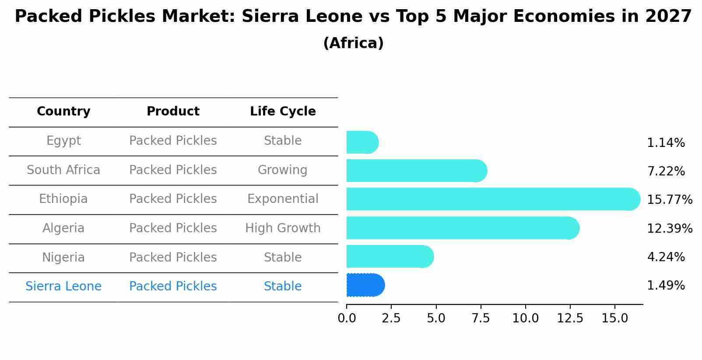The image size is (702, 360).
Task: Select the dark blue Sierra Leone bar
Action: click(365, 285)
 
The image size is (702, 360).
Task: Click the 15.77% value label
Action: click(669, 200)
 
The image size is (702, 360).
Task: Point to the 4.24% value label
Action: click(666, 257)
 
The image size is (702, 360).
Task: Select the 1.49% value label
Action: click(666, 286)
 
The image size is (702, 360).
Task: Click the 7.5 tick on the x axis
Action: click(481, 318)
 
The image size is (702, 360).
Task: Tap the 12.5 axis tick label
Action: click(570, 318)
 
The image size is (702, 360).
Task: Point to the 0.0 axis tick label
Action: click(347, 318)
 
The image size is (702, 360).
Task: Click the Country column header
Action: click(63, 112)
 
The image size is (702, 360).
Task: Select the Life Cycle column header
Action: click(283, 112)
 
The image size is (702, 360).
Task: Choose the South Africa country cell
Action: click(63, 170)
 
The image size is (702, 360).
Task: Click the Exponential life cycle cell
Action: click(283, 199)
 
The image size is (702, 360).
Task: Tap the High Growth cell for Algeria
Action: click(283, 228)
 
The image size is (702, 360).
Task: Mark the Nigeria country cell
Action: click(63, 257)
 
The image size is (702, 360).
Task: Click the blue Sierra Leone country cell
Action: click(63, 287)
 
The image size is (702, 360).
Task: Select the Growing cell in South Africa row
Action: click(283, 170)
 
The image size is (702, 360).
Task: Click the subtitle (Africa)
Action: click(353, 43)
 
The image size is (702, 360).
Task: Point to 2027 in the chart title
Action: click(668, 17)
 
